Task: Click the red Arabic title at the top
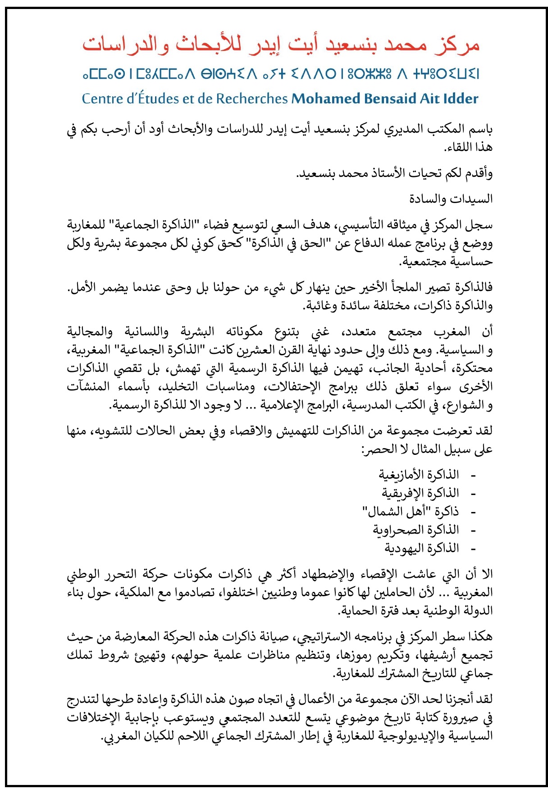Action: [x=280, y=45]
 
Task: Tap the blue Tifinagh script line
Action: [x=280, y=73]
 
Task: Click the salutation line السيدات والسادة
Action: [x=451, y=199]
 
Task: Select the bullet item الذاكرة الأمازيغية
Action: [x=419, y=475]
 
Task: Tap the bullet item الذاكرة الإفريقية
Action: [x=420, y=493]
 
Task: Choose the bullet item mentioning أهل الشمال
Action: [x=411, y=512]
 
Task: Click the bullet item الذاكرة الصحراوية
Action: [x=416, y=530]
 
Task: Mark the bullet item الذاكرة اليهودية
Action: [x=421, y=549]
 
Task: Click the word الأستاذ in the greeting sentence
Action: [x=393, y=173]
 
